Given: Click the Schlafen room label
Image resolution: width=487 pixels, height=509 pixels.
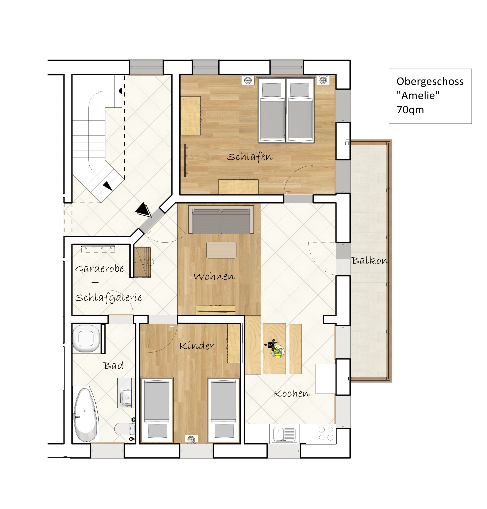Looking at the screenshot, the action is point(249,157).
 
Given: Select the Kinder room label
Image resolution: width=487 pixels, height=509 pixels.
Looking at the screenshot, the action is point(197,346).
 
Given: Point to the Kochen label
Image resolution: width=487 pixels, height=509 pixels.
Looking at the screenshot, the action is point(292,394).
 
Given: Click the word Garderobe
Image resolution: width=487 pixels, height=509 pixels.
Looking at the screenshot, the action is point(99,269).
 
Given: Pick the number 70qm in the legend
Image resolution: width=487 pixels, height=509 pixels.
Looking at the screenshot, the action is point(410,110).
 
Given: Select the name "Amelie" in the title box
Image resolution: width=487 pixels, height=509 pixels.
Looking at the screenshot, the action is point(418,95).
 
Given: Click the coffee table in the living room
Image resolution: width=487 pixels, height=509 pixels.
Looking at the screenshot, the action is point(221,250).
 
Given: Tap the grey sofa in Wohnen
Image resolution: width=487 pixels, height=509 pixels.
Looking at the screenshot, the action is point(221,220).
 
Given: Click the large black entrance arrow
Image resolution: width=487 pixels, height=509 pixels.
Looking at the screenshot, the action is point(143,210).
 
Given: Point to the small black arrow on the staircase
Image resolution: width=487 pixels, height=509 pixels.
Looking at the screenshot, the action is point(108,186).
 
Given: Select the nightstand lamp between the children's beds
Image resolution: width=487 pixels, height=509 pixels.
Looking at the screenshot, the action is point(191,439).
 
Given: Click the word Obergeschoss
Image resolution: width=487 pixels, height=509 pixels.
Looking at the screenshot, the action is point(430,81).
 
